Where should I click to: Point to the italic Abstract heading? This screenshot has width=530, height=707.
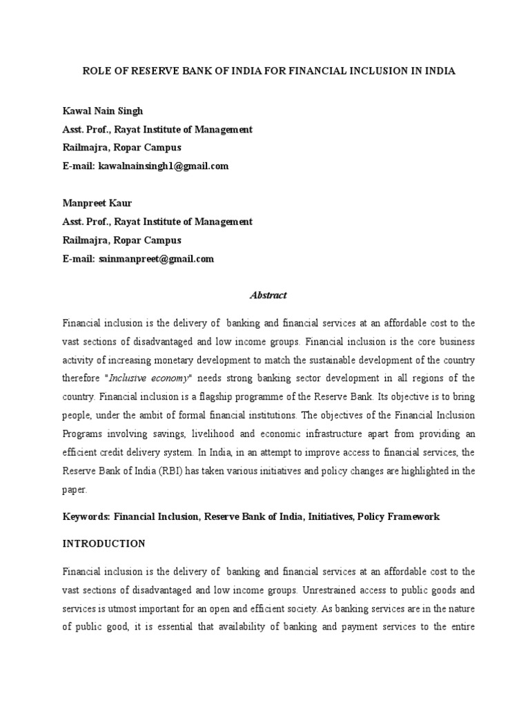(268, 296)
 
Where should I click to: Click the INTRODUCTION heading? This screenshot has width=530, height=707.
(104, 544)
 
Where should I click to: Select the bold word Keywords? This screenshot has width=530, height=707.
(86, 516)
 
